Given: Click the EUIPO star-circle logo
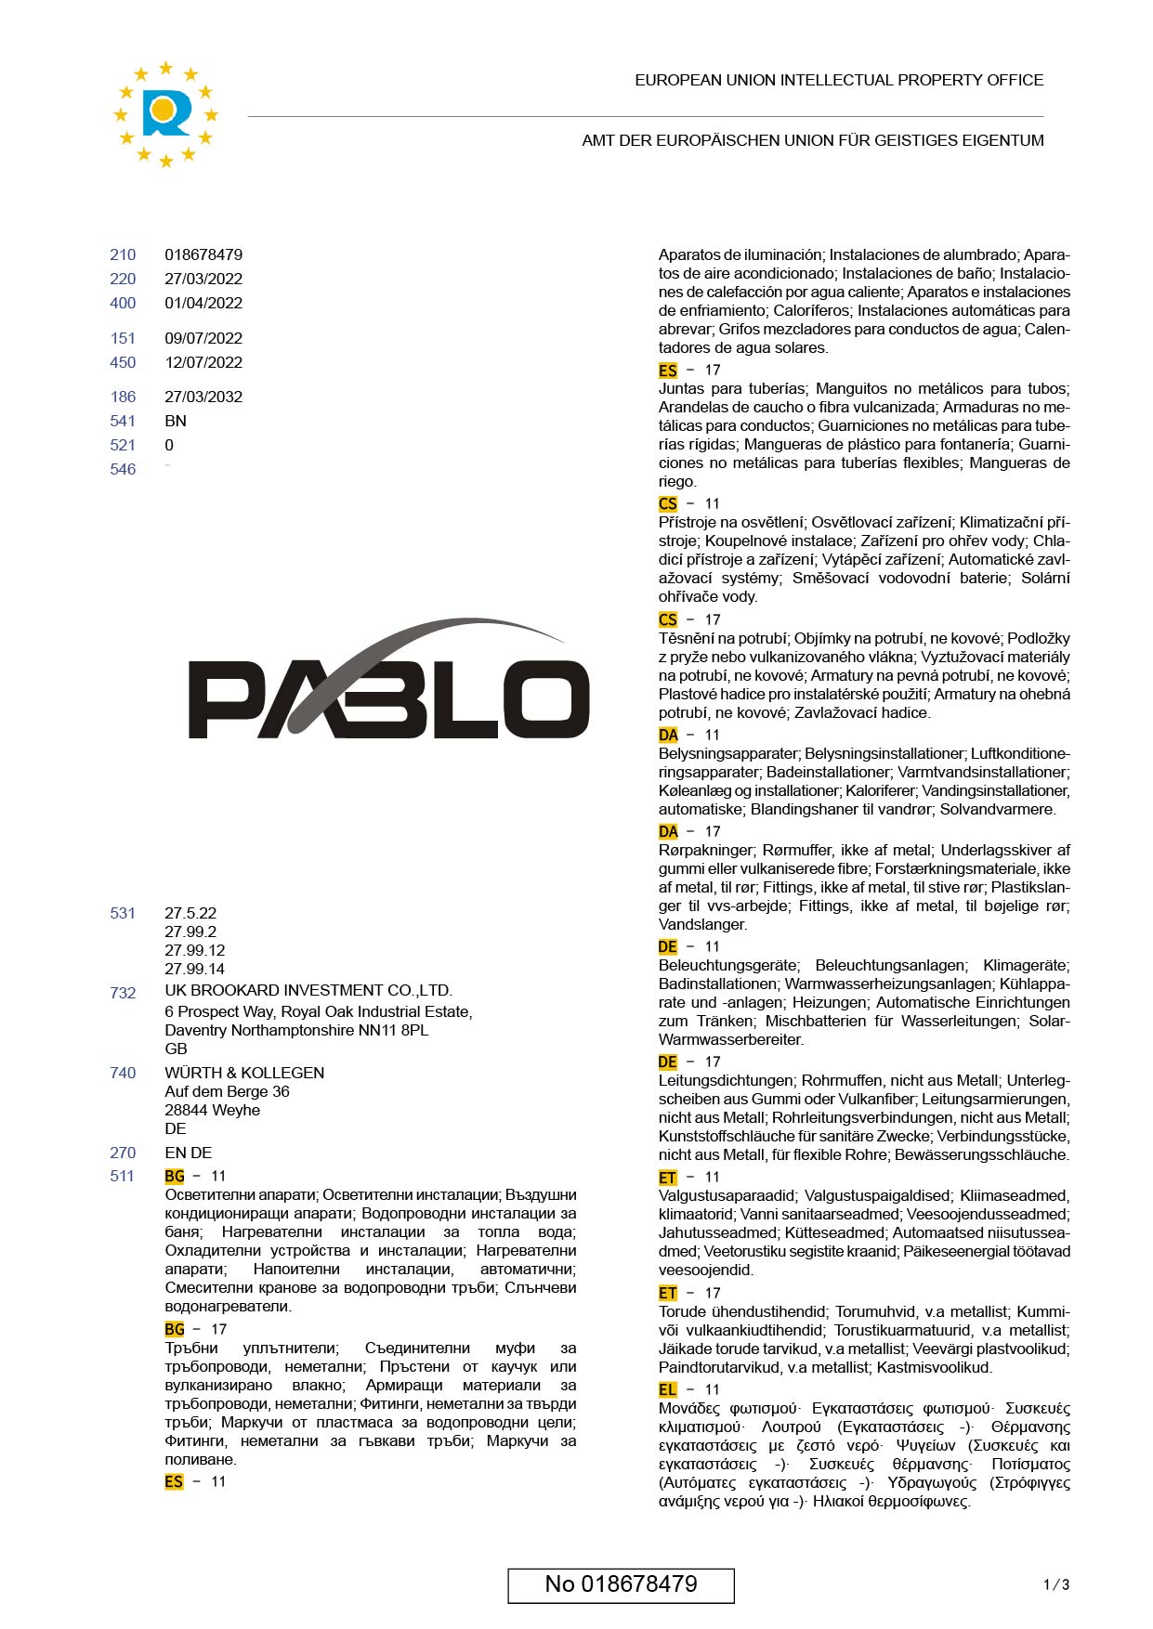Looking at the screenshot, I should coord(165,114).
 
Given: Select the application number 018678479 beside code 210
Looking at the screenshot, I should coord(203,254).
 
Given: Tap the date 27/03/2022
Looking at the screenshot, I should coord(203,279).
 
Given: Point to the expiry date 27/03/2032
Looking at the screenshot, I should coord(203,397).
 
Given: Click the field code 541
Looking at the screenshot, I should coord(123,421).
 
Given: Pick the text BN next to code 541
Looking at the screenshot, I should coord(176,421).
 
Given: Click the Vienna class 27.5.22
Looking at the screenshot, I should coord(190,913).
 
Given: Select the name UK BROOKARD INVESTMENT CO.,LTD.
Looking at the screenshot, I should coord(308,990).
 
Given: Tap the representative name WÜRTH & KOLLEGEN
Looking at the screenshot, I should coord(244,1073).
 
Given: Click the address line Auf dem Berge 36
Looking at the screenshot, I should coord(227,1091).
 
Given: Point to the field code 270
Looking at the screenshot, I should coord(123,1153).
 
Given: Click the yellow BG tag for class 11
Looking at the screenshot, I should coord(175,1176).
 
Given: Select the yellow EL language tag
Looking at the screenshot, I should coord(667,1389).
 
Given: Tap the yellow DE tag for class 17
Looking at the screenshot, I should coord(667,1062).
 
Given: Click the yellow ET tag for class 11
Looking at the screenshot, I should coord(667,1177).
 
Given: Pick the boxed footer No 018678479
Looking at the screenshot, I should coord(621,1584).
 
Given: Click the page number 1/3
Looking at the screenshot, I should coord(1056,1584).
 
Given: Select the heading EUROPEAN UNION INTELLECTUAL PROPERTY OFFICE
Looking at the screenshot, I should coord(839,80).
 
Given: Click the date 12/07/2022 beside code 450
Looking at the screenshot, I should coord(203,362).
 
